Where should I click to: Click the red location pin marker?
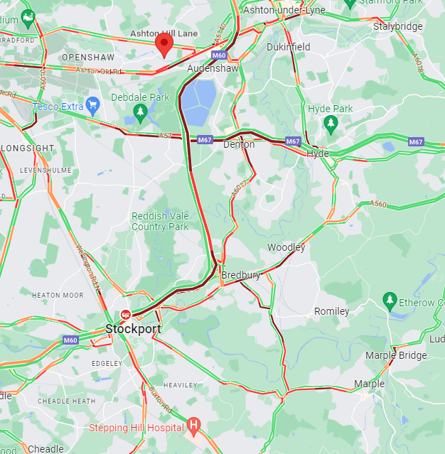pyautogui.click(x=164, y=45)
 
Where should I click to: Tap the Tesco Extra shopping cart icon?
pyautogui.click(x=92, y=107)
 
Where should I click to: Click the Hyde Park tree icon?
pyautogui.click(x=331, y=124)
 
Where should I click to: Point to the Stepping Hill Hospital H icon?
pyautogui.click(x=193, y=426)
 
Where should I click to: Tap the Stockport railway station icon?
pyautogui.click(x=126, y=314)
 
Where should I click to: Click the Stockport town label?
pyautogui.click(x=133, y=330)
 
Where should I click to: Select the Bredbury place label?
pyautogui.click(x=241, y=275)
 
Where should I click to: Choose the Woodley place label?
pyautogui.click(x=286, y=247)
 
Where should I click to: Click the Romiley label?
pyautogui.click(x=332, y=311)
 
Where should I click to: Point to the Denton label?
pyautogui.click(x=239, y=144)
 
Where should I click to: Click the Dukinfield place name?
pyautogui.click(x=289, y=47)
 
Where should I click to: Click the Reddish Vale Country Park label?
pyautogui.click(x=160, y=222)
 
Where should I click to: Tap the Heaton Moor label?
pyautogui.click(x=57, y=295)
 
